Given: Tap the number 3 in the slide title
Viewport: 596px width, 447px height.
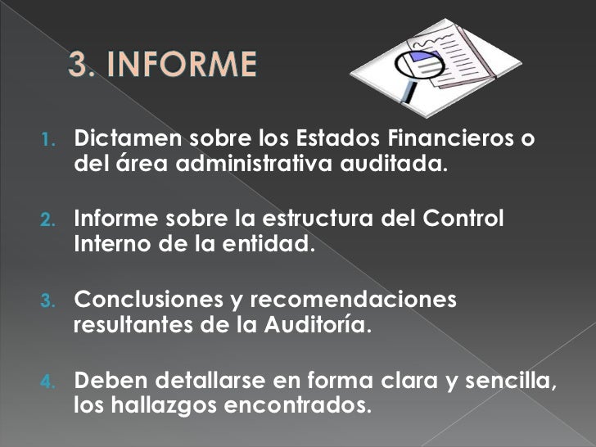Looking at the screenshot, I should point(80,65).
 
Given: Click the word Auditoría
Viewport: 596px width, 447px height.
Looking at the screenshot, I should point(316,325).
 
